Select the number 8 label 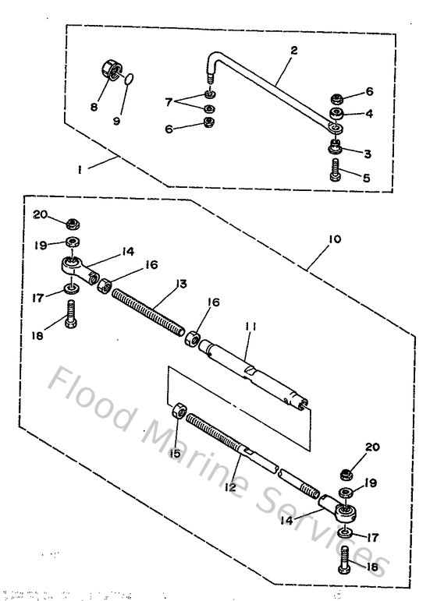click(x=94, y=107)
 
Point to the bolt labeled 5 click(x=336, y=170)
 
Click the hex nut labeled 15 click(x=177, y=410)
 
